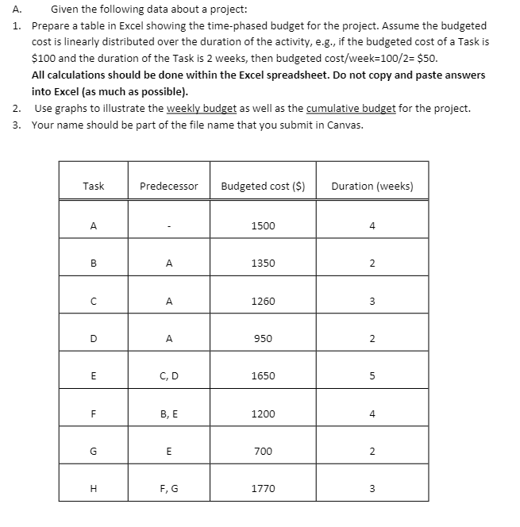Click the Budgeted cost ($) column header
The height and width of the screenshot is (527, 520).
(x=263, y=187)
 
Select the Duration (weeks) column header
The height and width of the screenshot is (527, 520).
(x=372, y=187)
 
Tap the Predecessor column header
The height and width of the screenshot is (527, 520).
(x=168, y=187)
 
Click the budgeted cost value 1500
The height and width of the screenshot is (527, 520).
(x=263, y=225)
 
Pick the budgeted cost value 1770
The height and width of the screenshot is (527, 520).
(x=263, y=488)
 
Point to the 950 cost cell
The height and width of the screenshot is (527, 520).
(x=263, y=338)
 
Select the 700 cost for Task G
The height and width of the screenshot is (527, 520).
(x=263, y=451)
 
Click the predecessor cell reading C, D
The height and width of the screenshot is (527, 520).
(x=168, y=375)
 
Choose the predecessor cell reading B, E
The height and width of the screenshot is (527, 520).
(x=168, y=414)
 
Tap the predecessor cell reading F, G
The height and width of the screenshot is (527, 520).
(x=168, y=488)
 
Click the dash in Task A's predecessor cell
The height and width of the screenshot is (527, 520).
(x=168, y=226)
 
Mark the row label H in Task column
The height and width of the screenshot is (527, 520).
(x=94, y=488)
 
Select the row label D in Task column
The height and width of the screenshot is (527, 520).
(x=94, y=338)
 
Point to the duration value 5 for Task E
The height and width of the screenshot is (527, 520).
(x=372, y=375)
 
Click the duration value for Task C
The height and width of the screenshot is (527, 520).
(x=372, y=301)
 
